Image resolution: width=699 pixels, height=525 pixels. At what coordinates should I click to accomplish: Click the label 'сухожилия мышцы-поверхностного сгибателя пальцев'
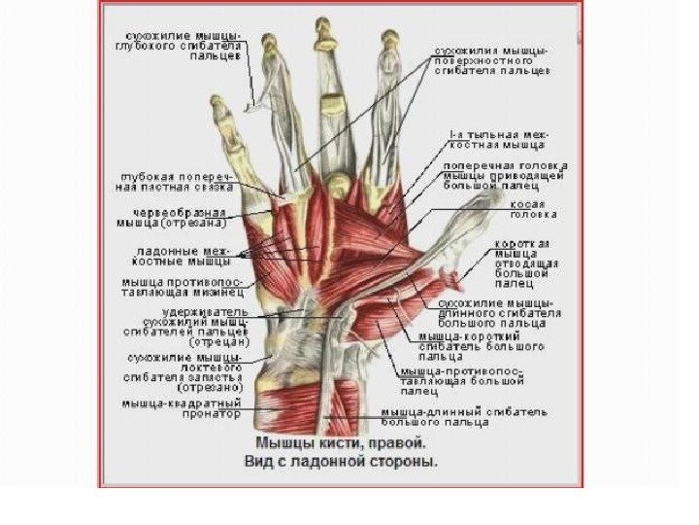491,59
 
